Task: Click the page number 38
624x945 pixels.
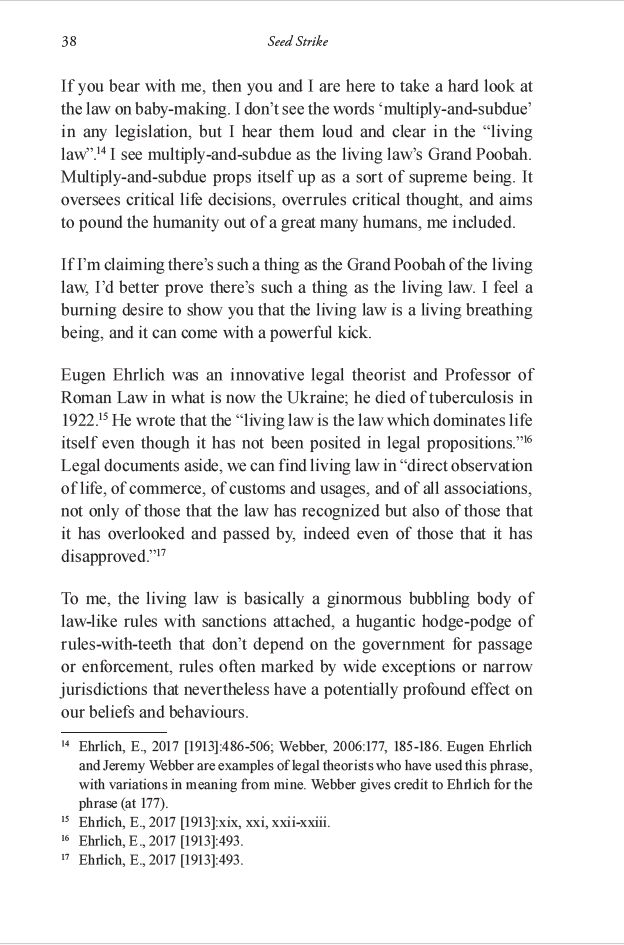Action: pos(69,42)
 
